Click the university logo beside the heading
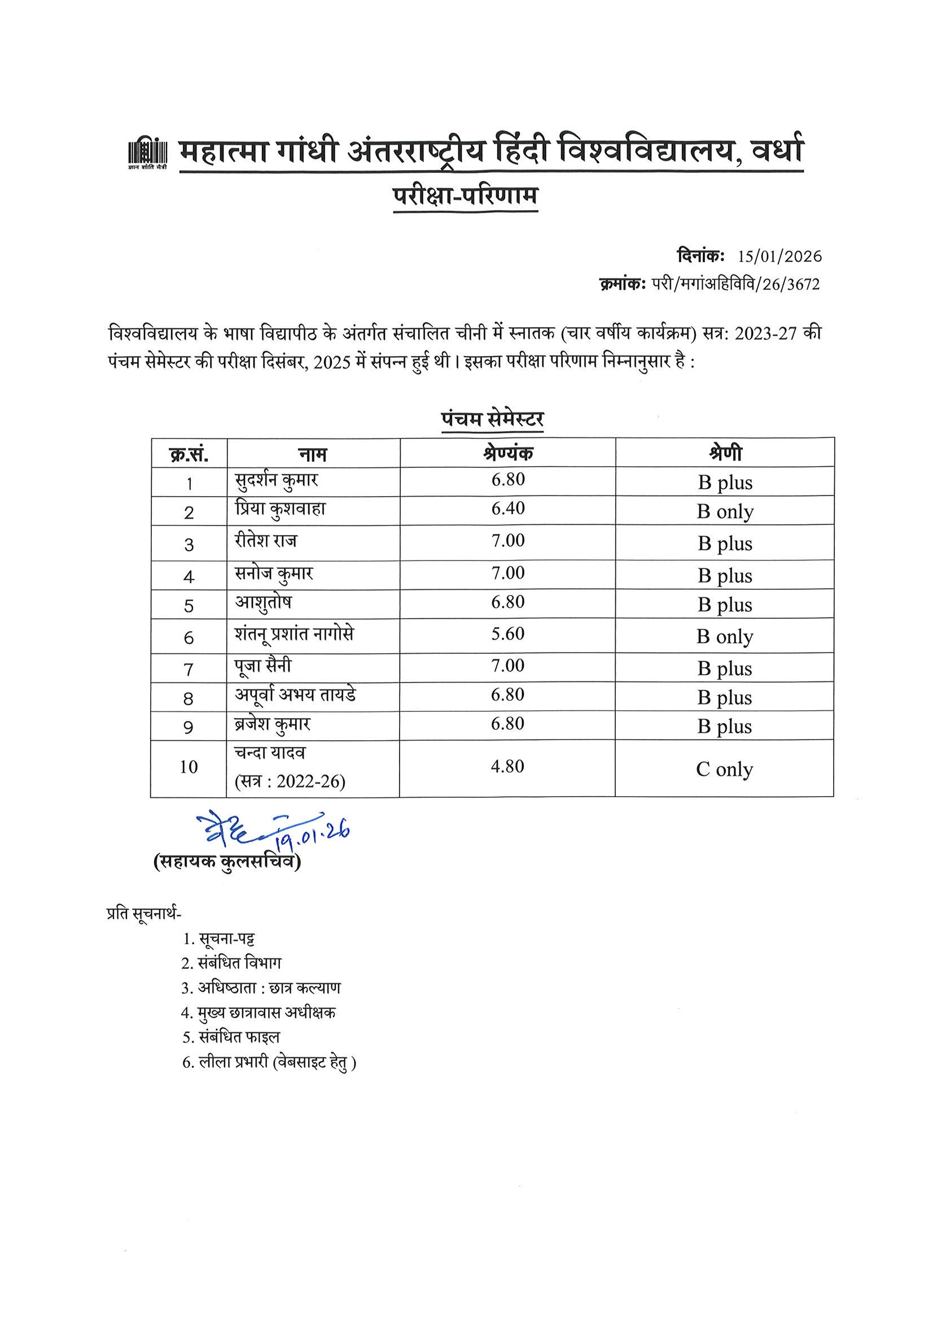pyautogui.click(x=147, y=154)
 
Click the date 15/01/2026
pyautogui.click(x=780, y=257)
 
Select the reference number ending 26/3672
pyautogui.click(x=735, y=284)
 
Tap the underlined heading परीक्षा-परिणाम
pyautogui.click(x=465, y=197)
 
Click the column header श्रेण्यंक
pyautogui.click(x=507, y=453)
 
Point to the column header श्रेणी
pyautogui.click(x=724, y=453)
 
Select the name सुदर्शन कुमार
pyautogui.click(x=277, y=481)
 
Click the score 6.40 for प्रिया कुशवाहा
pyautogui.click(x=507, y=509)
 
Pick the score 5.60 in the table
pyautogui.click(x=507, y=634)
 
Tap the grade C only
pyautogui.click(x=724, y=770)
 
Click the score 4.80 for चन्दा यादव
pyautogui.click(x=507, y=767)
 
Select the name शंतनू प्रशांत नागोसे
pyautogui.click(x=294, y=635)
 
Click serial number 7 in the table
pyautogui.click(x=189, y=669)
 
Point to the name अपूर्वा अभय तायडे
pyautogui.click(x=295, y=696)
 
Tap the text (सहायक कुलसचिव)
pyautogui.click(x=227, y=863)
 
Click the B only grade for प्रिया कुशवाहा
pyautogui.click(x=724, y=512)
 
